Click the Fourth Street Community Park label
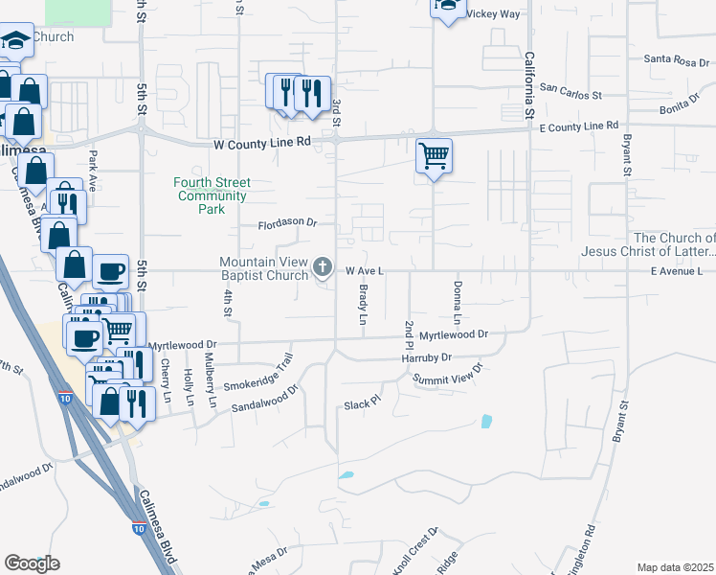(x=212, y=195)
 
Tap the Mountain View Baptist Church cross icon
(x=324, y=269)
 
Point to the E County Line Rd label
(x=578, y=126)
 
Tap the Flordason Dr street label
(x=287, y=223)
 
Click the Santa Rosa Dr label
(x=676, y=59)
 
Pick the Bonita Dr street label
(x=681, y=103)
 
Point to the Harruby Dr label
(x=426, y=357)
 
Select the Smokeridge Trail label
(x=257, y=378)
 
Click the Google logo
(x=32, y=563)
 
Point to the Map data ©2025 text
(x=675, y=567)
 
